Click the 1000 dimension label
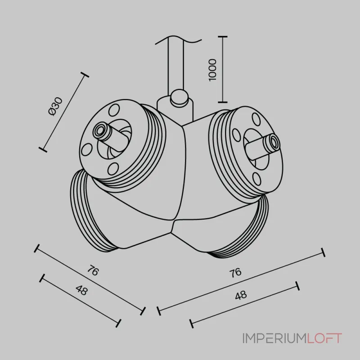(x=212, y=70)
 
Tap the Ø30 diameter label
(x=55, y=106)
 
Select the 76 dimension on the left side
(x=93, y=270)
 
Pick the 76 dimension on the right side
(x=235, y=273)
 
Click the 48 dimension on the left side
(x=82, y=290)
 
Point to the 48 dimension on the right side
(x=241, y=295)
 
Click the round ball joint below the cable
(x=179, y=98)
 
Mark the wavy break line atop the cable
(x=178, y=40)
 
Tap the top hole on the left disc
(x=114, y=110)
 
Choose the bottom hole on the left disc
(x=113, y=168)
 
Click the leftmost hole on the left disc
(x=87, y=149)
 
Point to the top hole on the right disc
(x=256, y=119)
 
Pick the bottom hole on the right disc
(x=256, y=179)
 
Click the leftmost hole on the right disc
(x=236, y=135)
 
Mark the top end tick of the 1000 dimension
(x=223, y=36)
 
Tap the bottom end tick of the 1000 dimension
(x=223, y=102)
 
